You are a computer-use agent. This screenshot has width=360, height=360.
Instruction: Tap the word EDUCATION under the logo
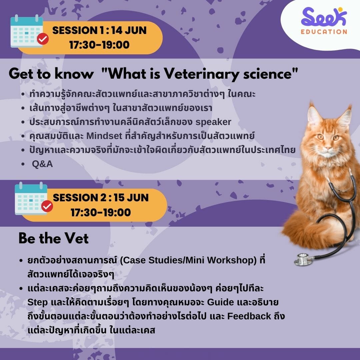click(x=324, y=32)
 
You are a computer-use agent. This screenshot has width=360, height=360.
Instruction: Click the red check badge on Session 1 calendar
click(x=43, y=39)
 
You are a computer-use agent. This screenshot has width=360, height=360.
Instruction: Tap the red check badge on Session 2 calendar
click(x=47, y=206)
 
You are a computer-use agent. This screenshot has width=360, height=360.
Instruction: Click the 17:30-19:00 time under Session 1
click(x=99, y=45)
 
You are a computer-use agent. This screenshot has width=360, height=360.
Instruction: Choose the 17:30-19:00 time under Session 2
click(x=101, y=212)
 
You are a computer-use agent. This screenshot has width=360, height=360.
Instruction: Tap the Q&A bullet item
click(x=42, y=164)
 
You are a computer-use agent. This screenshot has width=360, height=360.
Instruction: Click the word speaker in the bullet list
click(x=213, y=122)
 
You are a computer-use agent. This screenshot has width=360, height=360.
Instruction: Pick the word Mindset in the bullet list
click(x=104, y=136)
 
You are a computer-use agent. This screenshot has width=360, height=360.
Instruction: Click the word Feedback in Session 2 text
click(x=249, y=316)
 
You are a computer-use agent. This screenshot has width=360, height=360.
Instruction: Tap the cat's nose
click(x=328, y=148)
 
